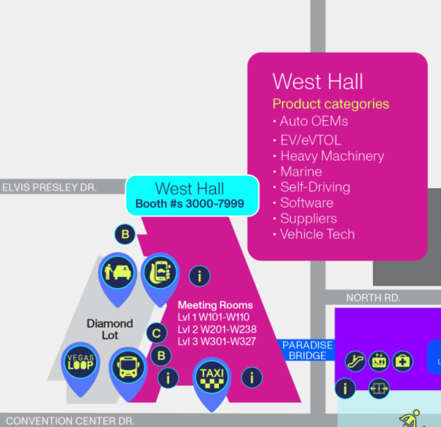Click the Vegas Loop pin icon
coord(81,365)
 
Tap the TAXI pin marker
coord(212,380)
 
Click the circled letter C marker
coord(156,333)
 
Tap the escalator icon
coord(356,361)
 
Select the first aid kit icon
coord(403,361)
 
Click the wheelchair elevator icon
coord(379,361)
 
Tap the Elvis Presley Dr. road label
coord(49,187)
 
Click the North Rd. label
coord(373,298)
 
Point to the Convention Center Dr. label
coord(70,421)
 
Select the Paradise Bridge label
coord(307,350)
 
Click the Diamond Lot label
coord(109,329)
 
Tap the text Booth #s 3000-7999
coord(190,204)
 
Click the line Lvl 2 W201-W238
coord(217,329)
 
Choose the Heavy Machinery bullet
coord(328,156)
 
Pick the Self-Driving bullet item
coord(312,187)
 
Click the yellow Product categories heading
coord(331,104)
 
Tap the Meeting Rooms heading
coord(215,305)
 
